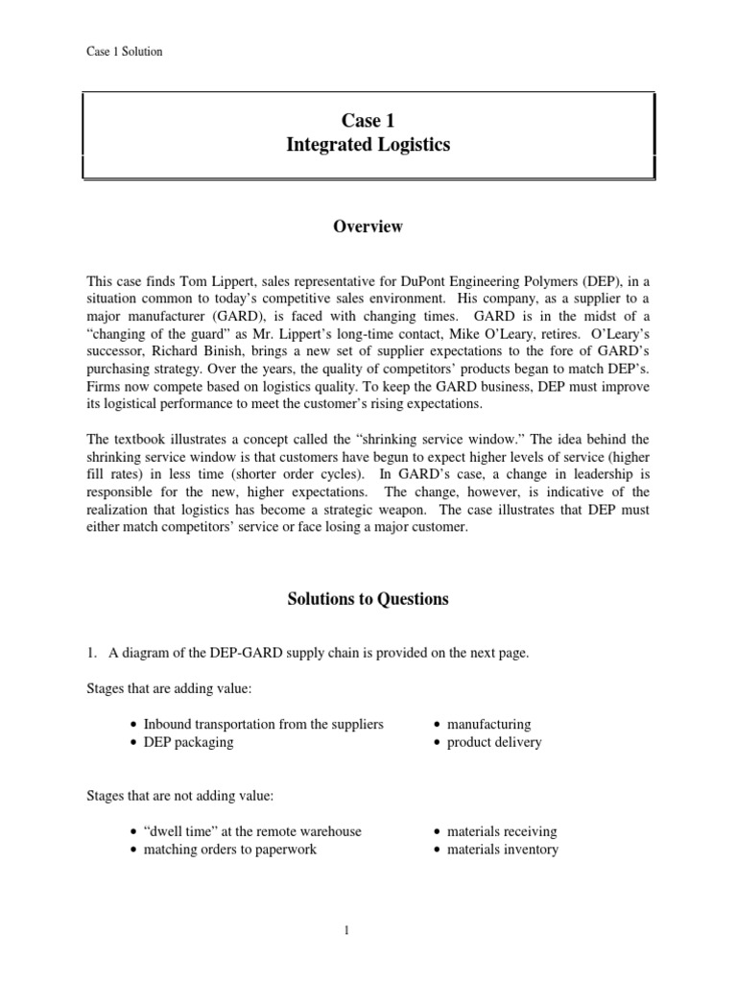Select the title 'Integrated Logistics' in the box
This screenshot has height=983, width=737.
pyautogui.click(x=368, y=145)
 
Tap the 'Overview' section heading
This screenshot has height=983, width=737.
pyautogui.click(x=368, y=228)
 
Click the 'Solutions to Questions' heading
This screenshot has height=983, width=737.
pyautogui.click(x=368, y=599)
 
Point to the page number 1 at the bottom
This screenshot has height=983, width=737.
pyautogui.click(x=368, y=931)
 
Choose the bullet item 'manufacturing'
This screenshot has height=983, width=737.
pyautogui.click(x=488, y=724)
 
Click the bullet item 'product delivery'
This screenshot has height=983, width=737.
pyautogui.click(x=493, y=742)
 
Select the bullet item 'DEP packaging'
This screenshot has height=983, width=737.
pyautogui.click(x=188, y=742)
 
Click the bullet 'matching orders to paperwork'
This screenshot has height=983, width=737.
pyautogui.click(x=229, y=850)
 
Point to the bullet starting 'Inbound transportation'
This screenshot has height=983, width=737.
pyautogui.click(x=263, y=724)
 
